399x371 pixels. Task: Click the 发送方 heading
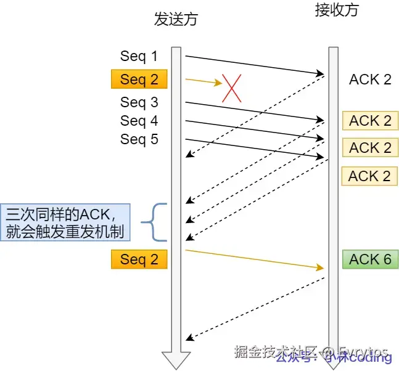click(176, 19)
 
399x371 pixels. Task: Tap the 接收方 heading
click(335, 10)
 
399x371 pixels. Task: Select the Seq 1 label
click(139, 57)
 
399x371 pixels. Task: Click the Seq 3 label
click(139, 102)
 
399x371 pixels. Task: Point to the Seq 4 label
click(139, 120)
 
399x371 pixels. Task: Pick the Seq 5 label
click(139, 139)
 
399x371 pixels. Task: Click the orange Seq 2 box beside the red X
click(139, 79)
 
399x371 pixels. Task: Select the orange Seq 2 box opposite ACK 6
click(139, 259)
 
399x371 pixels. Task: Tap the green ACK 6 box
click(370, 259)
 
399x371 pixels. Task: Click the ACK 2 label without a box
click(370, 79)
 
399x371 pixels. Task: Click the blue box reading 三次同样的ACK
click(65, 222)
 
